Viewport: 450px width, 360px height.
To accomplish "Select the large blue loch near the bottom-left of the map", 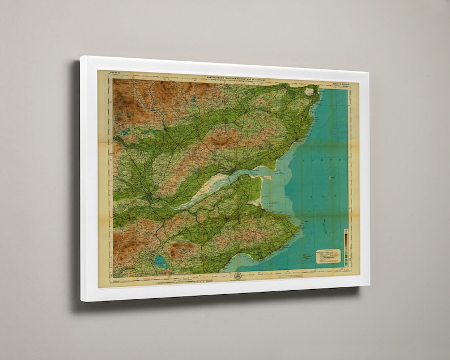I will [x=160, y=261].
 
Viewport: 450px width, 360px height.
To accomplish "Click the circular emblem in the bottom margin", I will [x=237, y=276].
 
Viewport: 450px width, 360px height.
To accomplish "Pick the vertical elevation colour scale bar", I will [x=345, y=241].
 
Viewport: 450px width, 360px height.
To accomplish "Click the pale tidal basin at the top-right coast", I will [x=310, y=91].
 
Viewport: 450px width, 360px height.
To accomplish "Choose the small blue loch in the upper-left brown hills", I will [x=125, y=133].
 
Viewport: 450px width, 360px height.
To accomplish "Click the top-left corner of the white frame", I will [x=82, y=57].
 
